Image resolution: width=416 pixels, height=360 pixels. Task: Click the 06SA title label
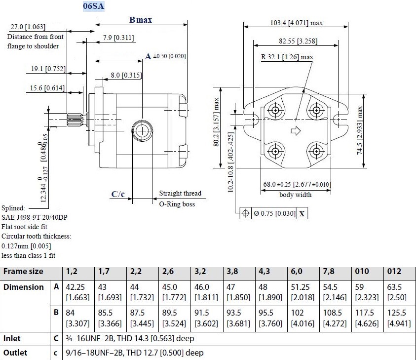click(x=94, y=6)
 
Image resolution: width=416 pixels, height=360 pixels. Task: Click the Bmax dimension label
click(x=141, y=20)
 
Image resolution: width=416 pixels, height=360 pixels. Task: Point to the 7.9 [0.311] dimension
click(x=118, y=38)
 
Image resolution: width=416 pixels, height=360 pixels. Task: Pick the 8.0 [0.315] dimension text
click(x=126, y=75)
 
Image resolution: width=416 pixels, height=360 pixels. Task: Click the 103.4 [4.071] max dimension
click(x=296, y=23)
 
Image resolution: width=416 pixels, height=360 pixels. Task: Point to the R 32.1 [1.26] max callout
click(x=287, y=57)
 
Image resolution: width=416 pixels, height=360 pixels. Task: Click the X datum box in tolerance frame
click(x=302, y=214)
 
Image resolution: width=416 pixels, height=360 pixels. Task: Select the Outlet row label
click(x=16, y=353)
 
